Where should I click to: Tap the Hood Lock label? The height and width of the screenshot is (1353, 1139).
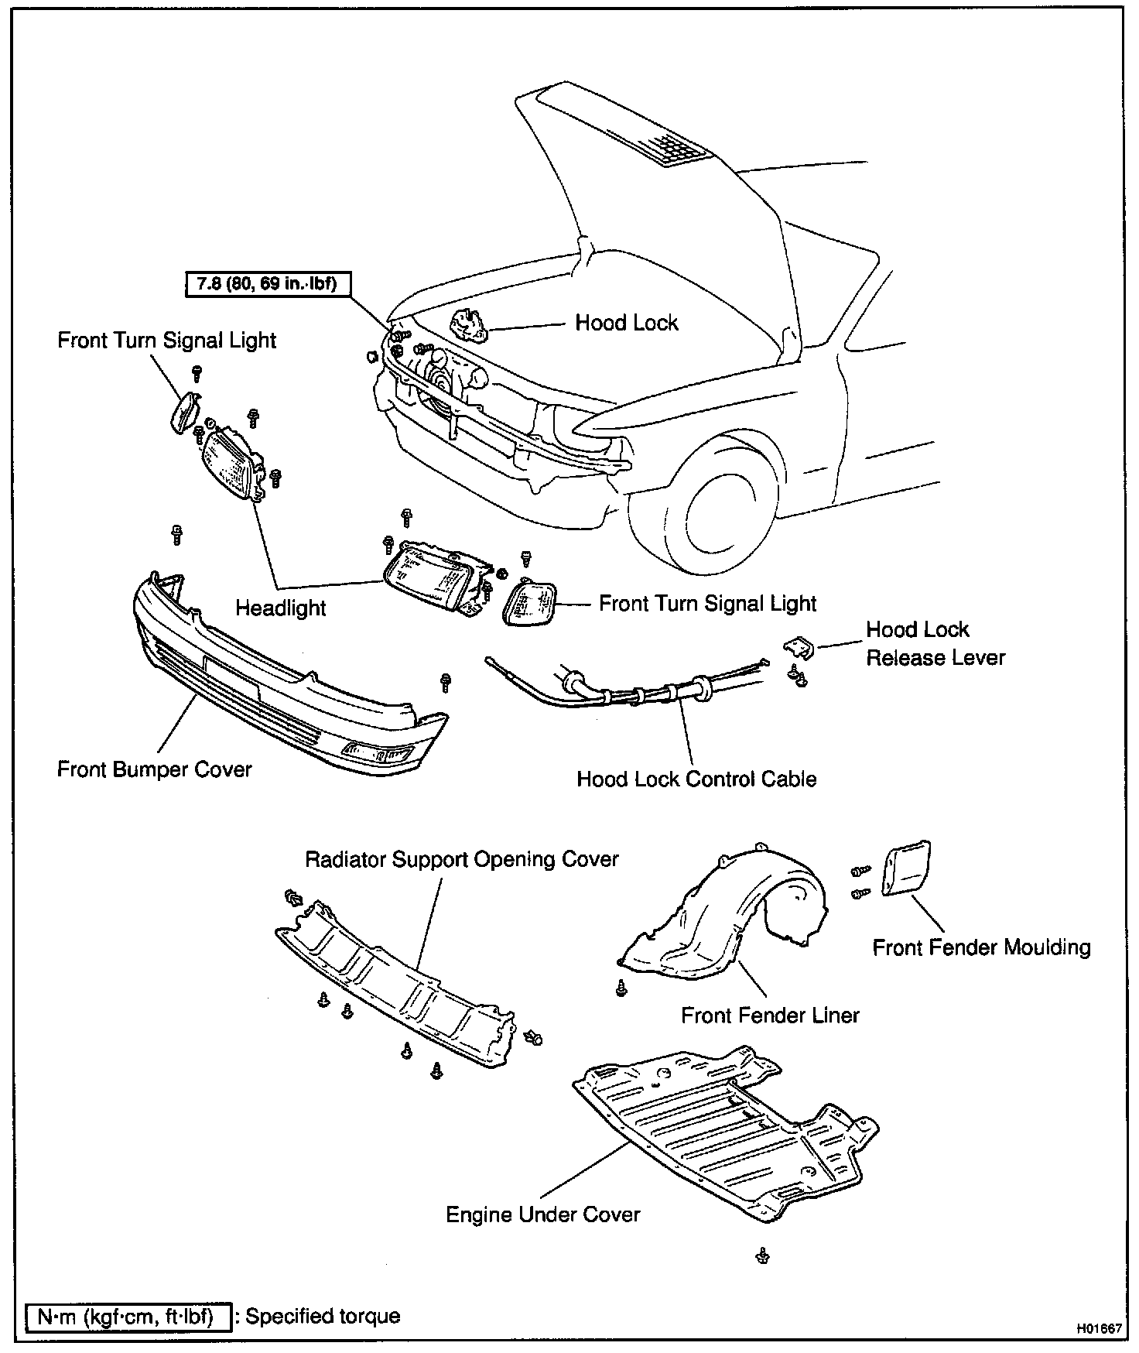tap(626, 323)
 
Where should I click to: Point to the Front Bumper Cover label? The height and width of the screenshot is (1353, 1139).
tap(155, 769)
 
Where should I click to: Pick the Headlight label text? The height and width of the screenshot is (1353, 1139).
tap(280, 608)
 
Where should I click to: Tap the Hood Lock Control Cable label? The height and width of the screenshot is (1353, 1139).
tap(696, 779)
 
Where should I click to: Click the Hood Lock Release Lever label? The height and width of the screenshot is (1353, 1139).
tap(935, 643)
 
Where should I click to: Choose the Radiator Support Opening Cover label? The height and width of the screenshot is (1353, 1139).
tap(462, 860)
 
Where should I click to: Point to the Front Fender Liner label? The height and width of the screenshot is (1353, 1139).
tap(770, 1015)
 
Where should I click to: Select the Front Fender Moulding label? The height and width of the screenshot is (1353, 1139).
tap(981, 947)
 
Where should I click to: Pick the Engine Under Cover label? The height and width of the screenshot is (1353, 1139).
tap(543, 1214)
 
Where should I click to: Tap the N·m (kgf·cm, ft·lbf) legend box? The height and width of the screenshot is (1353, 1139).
tap(128, 1316)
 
